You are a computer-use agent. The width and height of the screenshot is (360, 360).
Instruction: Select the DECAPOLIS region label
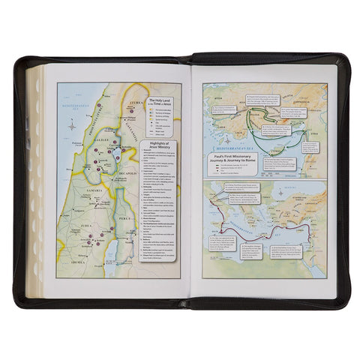point(125,181)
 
